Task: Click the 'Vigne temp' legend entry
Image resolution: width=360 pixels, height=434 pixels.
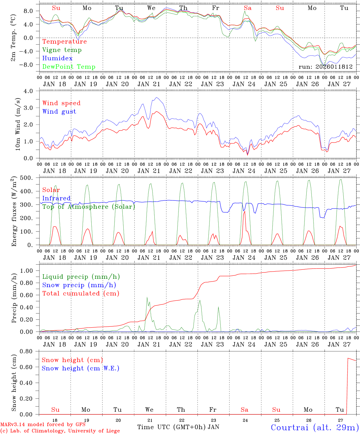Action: coord(62,50)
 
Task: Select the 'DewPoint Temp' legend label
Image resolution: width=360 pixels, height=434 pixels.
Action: coord(69,67)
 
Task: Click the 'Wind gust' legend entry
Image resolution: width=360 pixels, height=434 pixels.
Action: coord(59,112)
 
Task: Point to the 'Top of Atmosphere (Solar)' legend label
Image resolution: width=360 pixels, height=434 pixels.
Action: coord(89,207)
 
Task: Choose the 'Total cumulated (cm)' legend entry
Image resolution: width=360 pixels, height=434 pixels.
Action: coord(81,294)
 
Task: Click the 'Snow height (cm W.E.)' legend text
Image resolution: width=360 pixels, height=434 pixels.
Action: coord(81,368)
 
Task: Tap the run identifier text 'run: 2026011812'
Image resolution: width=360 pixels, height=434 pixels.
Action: coord(326,67)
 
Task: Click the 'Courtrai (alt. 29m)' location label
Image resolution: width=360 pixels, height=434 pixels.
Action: coord(315,427)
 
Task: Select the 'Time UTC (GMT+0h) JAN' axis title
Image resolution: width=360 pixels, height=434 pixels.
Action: coord(178,427)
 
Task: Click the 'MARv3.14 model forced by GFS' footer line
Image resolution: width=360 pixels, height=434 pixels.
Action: coord(43,425)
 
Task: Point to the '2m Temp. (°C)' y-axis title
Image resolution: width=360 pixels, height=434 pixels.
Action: coord(13,38)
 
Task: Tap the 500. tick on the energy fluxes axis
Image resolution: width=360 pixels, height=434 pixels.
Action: coord(29,178)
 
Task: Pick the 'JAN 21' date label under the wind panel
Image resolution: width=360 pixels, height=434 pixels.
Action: coord(149,171)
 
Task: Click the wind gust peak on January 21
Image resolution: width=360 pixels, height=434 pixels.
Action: coord(156,97)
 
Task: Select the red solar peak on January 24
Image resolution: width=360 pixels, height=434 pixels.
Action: coord(245,211)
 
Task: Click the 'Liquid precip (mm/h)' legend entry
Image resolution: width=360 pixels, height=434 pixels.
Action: coord(81,277)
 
